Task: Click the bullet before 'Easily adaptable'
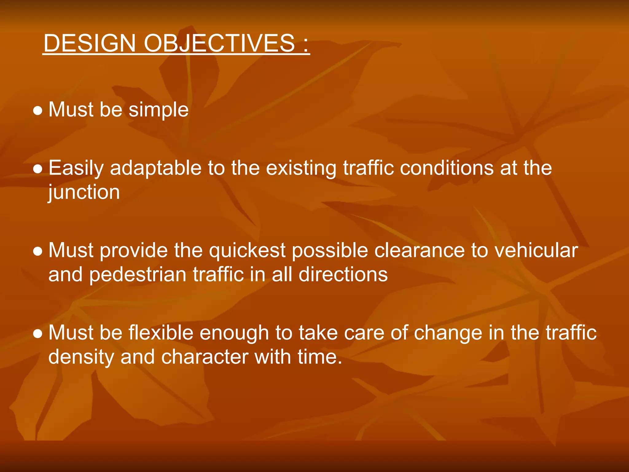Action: coord(37,169)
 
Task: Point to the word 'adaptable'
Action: coord(155,168)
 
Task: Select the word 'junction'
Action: coord(84,193)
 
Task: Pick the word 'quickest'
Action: coord(248,250)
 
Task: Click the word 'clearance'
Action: coord(419,250)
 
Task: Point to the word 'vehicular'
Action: coord(536,250)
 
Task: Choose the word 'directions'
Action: coord(343,274)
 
